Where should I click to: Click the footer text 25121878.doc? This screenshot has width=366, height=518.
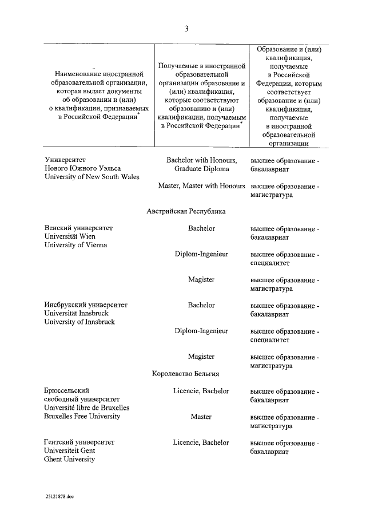(60, 497)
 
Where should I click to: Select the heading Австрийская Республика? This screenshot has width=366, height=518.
(186, 211)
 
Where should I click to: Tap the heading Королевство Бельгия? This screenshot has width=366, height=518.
(186, 374)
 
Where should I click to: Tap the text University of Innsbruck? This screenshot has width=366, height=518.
(79, 322)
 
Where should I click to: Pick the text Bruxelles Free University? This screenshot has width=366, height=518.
(82, 416)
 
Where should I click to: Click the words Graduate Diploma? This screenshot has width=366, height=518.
(201, 169)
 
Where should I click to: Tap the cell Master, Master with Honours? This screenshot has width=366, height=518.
(201, 186)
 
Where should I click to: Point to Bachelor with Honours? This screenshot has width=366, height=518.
(201, 160)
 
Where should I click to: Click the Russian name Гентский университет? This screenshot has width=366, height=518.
(79, 442)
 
